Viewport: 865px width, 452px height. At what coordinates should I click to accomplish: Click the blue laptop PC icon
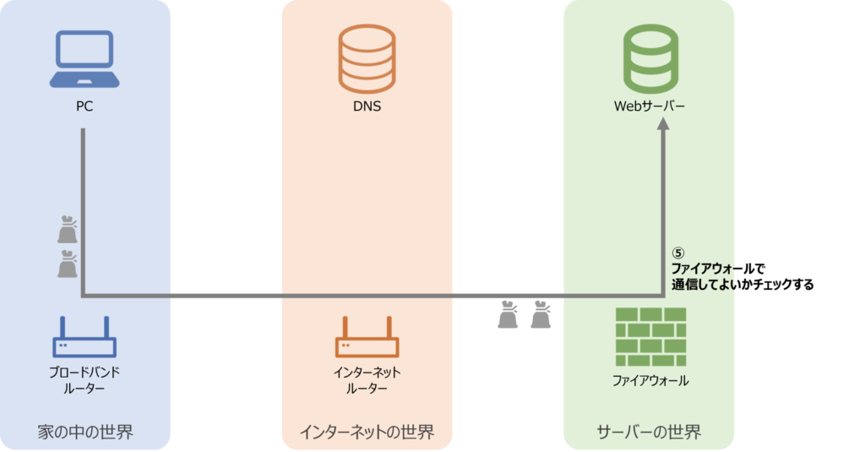tap(83, 59)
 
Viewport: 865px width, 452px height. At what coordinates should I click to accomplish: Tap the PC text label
tap(83, 107)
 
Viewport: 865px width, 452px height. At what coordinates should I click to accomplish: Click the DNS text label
tap(367, 107)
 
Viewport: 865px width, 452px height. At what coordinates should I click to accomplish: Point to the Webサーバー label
tap(650, 107)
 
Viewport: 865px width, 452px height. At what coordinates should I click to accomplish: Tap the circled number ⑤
tap(677, 253)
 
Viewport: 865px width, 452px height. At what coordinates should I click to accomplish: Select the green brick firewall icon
tap(650, 335)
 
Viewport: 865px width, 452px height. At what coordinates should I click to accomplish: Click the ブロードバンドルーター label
tap(84, 380)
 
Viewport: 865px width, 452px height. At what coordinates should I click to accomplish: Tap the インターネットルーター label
tap(367, 380)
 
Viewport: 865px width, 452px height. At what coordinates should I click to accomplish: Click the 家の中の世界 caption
tap(85, 433)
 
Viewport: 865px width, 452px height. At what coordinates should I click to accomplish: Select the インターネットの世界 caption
tap(367, 433)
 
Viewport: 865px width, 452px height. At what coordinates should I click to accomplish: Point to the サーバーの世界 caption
tap(649, 433)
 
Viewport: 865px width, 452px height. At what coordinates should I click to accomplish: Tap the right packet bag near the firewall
tap(540, 315)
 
